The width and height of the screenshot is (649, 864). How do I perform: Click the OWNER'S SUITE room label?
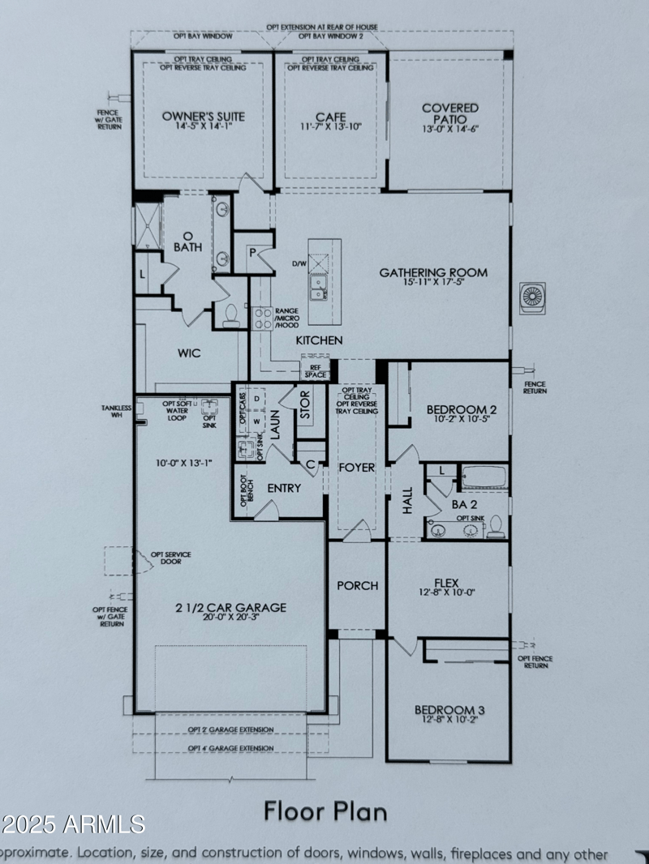(x=203, y=116)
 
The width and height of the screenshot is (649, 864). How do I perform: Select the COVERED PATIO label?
(x=450, y=113)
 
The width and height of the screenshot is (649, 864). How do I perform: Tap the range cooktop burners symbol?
(x=262, y=318)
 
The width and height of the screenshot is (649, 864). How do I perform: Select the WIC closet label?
(x=189, y=353)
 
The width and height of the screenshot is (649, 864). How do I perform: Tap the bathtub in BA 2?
(x=483, y=476)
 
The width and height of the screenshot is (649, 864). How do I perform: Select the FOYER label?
(x=357, y=467)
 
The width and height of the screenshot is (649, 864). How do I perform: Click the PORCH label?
(x=357, y=585)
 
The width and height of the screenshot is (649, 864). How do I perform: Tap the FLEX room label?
(x=448, y=581)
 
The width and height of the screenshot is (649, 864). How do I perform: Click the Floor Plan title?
(x=324, y=810)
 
